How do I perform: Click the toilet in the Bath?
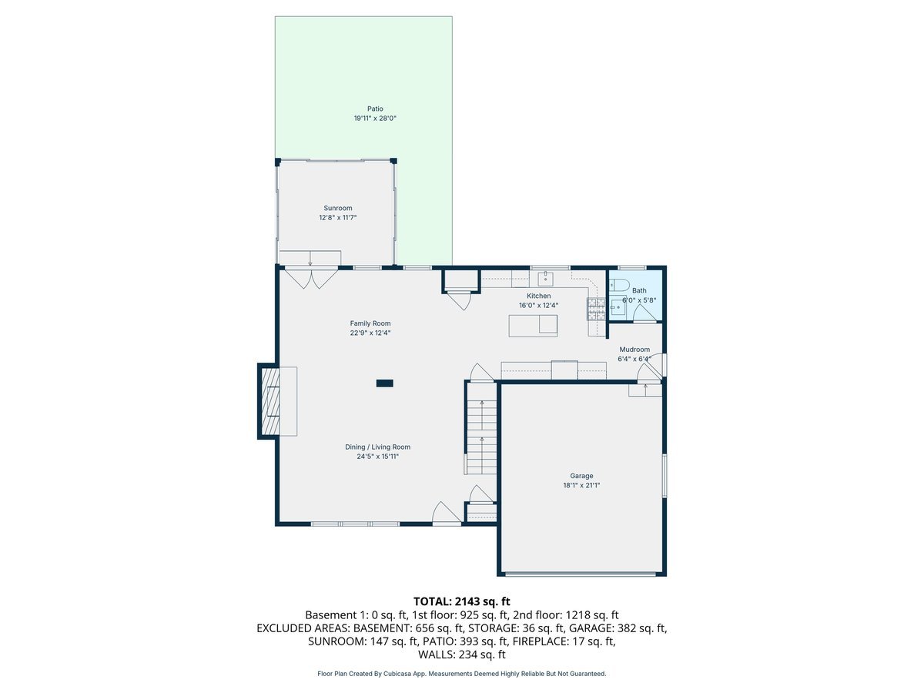tap(620, 285)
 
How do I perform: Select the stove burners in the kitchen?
tap(596, 309)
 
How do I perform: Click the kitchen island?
tap(533, 326)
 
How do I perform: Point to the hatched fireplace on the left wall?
tap(269, 401)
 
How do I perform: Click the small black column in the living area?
tap(384, 383)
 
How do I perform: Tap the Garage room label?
tap(581, 476)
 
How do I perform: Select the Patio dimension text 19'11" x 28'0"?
tap(374, 119)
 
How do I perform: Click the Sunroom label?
tap(337, 208)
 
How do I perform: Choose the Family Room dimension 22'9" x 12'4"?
tap(370, 333)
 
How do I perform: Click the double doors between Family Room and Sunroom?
tap(310, 277)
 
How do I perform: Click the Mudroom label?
tap(634, 350)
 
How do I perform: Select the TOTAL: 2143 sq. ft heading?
tap(462, 601)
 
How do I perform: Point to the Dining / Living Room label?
tap(377, 447)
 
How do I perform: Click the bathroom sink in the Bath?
tap(618, 307)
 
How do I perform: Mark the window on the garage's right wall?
tap(665, 476)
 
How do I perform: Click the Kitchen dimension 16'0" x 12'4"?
tap(538, 305)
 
